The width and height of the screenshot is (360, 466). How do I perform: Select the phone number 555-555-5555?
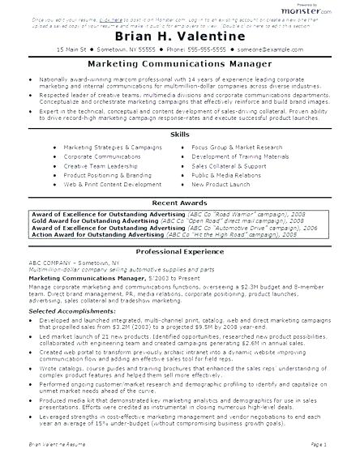(225, 50)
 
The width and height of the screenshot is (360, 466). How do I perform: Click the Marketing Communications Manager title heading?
(179, 68)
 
